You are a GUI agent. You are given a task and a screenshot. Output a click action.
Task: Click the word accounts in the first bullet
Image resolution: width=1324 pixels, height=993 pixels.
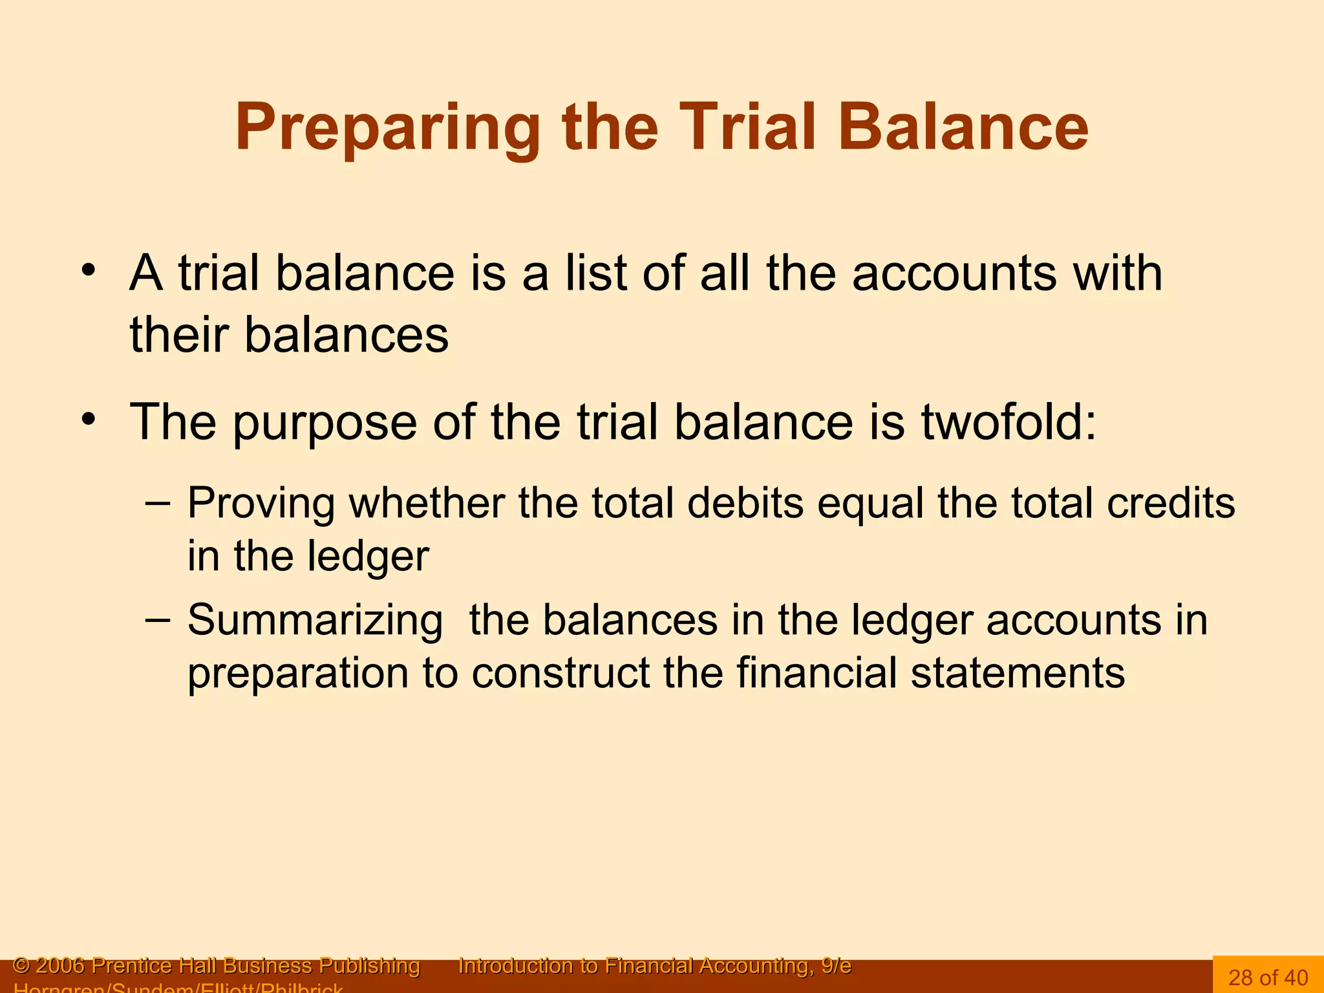click(954, 274)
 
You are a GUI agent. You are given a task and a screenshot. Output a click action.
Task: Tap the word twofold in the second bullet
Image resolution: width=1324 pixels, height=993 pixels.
click(1009, 422)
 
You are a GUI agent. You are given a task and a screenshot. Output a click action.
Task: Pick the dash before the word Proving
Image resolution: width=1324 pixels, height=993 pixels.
click(158, 502)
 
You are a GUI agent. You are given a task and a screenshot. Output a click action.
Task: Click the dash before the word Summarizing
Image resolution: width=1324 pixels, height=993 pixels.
click(158, 619)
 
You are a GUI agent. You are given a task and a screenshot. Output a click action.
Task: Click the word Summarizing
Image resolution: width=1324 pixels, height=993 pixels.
click(315, 621)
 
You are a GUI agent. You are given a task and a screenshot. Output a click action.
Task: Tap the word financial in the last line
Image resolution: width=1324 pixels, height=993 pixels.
click(817, 673)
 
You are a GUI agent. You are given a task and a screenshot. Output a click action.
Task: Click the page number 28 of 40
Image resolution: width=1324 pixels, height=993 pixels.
click(1268, 977)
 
